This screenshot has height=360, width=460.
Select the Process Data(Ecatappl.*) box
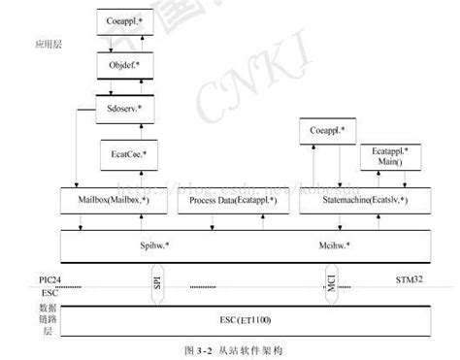(233, 199)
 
